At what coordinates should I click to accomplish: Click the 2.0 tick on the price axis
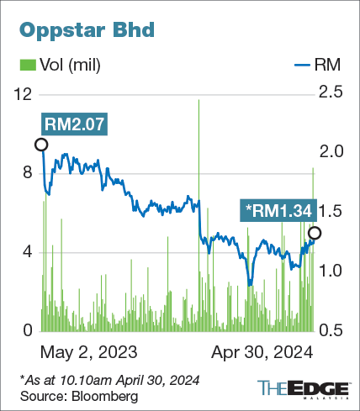coord(331,152)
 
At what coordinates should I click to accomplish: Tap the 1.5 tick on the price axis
coord(331,212)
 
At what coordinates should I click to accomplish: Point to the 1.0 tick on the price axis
coord(331,271)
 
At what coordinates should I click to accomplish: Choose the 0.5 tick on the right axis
coord(331,330)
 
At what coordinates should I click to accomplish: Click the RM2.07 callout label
coord(74,124)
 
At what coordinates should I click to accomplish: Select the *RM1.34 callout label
coord(278,208)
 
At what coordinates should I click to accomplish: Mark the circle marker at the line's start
coord(41,145)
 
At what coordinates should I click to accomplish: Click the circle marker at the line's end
coord(315,233)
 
